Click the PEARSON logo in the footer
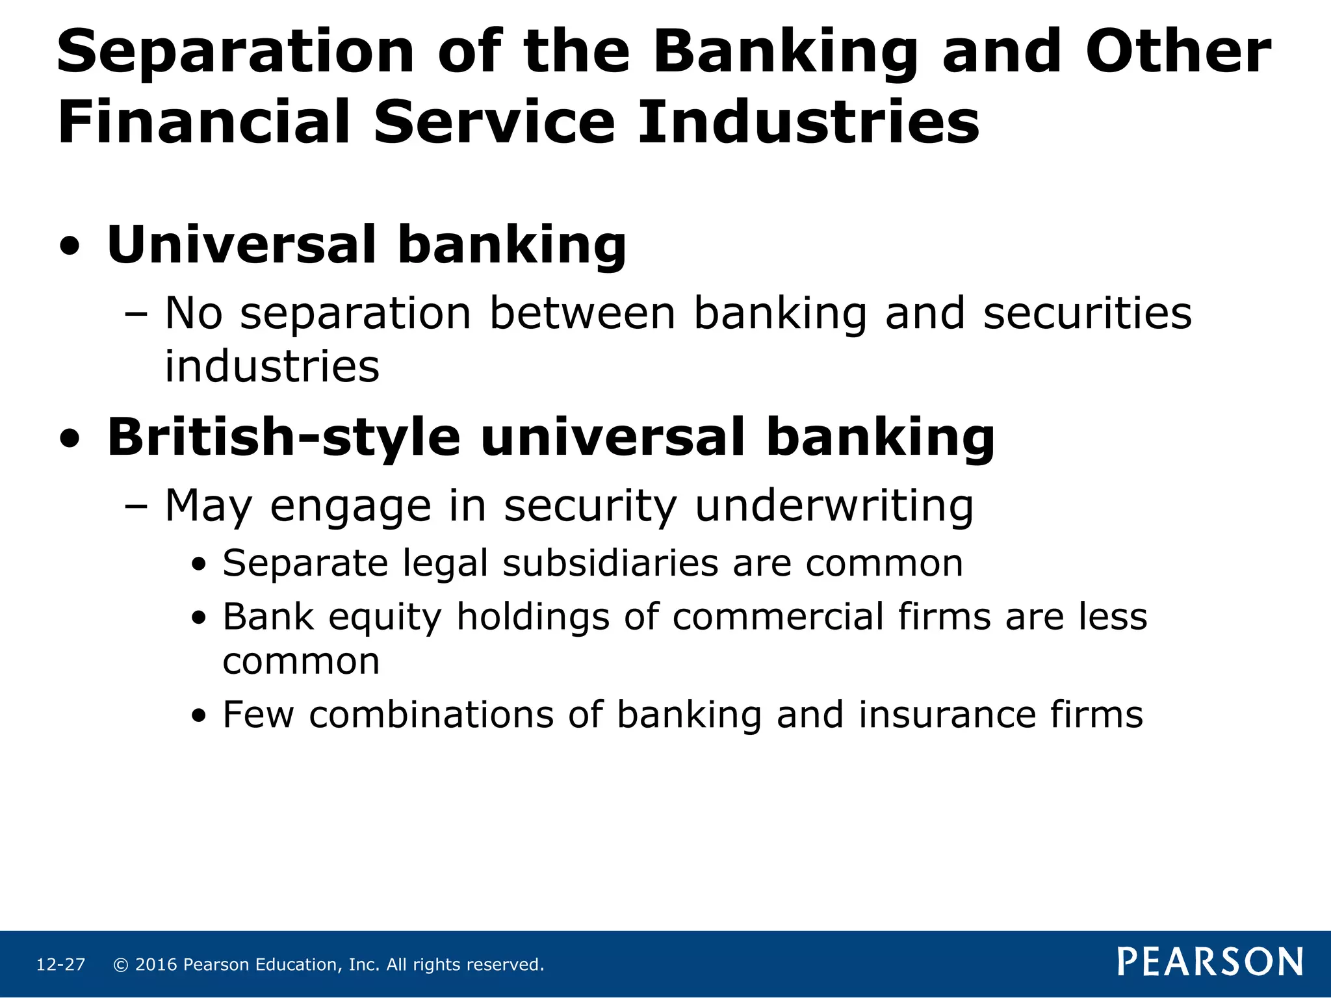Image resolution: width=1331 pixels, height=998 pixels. pos(1210,962)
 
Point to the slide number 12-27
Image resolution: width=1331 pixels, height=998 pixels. pos(60,965)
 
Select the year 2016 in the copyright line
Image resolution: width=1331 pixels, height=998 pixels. pos(156,965)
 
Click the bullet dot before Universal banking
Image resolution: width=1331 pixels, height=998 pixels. pos(70,247)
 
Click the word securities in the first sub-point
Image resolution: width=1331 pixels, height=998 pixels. pos(1087,314)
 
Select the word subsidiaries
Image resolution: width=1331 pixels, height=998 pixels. pos(610,563)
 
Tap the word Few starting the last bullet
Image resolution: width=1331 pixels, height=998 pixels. pos(258,715)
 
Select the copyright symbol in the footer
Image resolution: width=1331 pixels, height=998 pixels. pos(120,965)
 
